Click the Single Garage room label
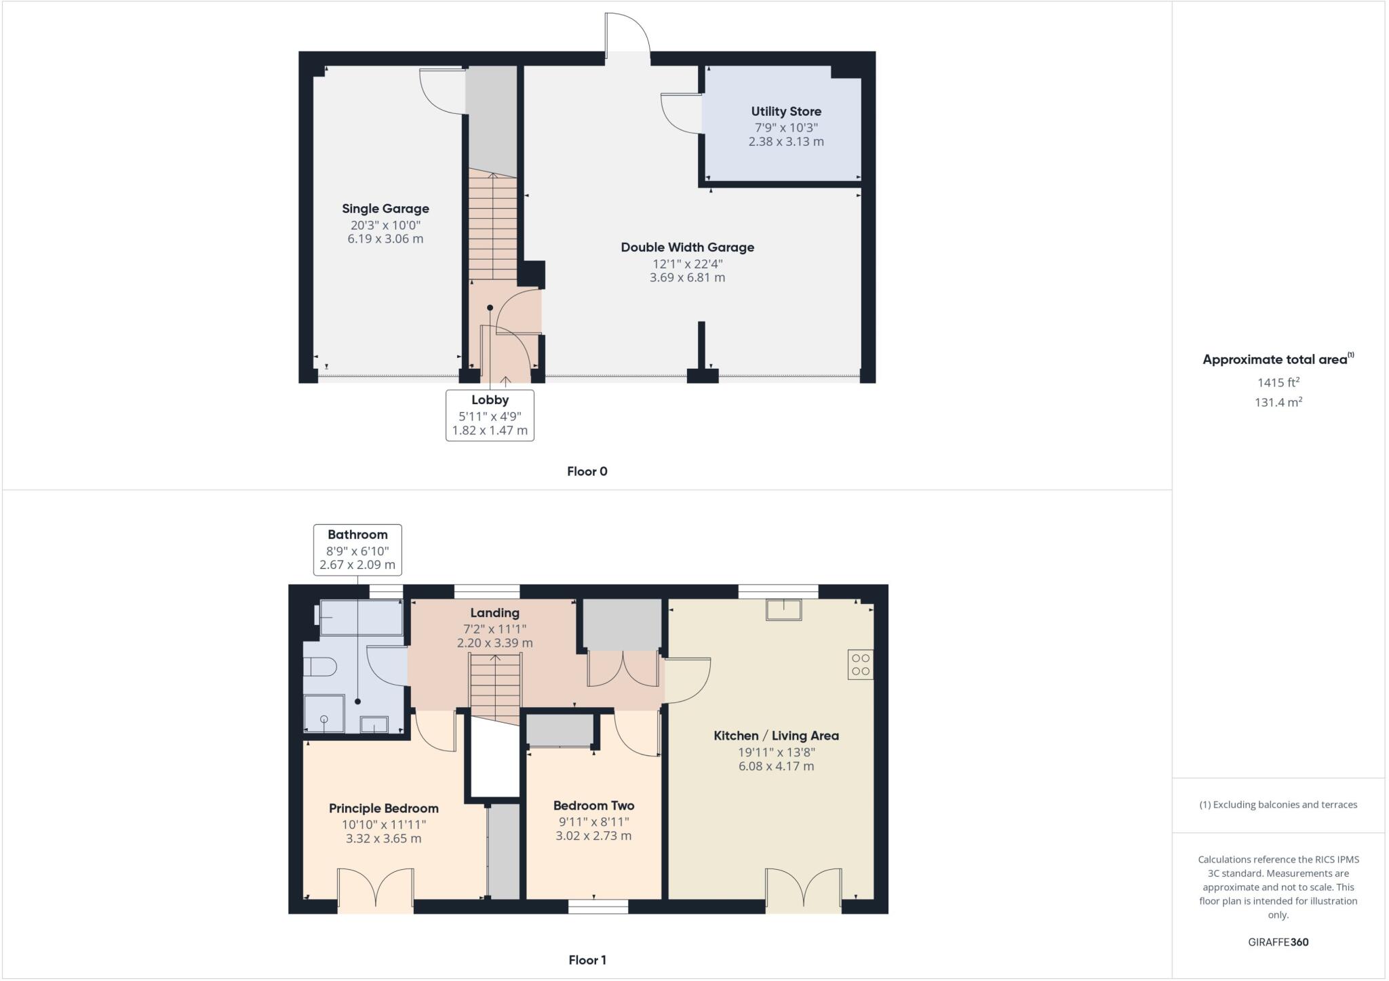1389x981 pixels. coord(385,209)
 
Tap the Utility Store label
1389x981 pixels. coord(786,112)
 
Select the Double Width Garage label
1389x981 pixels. coord(687,247)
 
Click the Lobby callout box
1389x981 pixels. coord(490,415)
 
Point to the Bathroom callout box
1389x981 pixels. coord(357,550)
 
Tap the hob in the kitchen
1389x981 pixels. coord(860,664)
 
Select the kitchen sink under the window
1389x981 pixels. coord(783,609)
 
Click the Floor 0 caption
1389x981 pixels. coord(587,471)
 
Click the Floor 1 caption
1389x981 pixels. coord(587,960)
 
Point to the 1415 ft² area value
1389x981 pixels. coord(1278,382)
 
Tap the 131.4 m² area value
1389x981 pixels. coord(1278,402)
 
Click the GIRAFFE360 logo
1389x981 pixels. coord(1278,942)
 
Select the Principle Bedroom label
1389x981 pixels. coord(383,808)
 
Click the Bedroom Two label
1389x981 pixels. coord(593,805)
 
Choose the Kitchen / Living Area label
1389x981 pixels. coord(776,736)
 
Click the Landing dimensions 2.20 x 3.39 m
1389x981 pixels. coord(494,643)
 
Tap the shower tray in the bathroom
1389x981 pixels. coord(324,716)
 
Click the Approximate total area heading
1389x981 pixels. coord(1278,359)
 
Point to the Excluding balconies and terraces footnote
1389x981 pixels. coord(1278,805)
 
